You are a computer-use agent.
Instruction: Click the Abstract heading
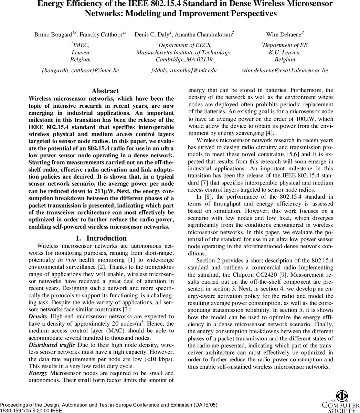point(105,91)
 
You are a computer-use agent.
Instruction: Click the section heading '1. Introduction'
point(101,238)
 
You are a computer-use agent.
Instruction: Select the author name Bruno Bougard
point(53,34)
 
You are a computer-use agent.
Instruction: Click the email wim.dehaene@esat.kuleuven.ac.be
point(285,70)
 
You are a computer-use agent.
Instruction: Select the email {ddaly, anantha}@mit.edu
point(184,70)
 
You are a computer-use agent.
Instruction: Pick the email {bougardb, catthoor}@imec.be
point(80,70)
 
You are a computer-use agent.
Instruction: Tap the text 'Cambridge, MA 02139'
point(184,59)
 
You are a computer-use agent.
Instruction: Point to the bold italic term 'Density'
point(38,316)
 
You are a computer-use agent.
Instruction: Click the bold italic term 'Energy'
point(38,373)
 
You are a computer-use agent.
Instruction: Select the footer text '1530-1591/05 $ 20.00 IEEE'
point(31,411)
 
